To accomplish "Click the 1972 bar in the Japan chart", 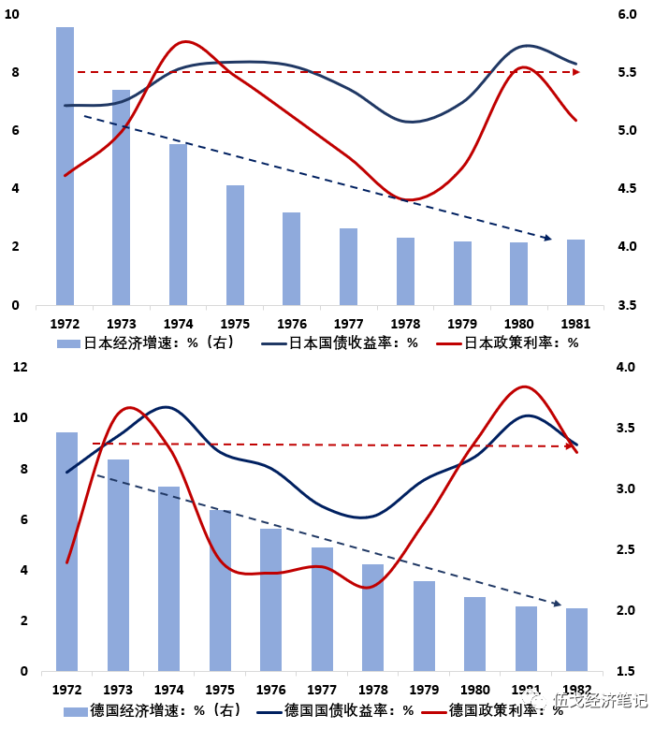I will (x=65, y=166).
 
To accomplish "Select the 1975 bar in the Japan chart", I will (x=235, y=244).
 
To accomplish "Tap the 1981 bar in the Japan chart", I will (x=575, y=271).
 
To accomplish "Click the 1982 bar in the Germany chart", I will (x=576, y=639).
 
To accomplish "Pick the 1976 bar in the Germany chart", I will (x=270, y=599).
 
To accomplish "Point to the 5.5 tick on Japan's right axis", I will (x=627, y=72).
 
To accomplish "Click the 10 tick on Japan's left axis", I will (x=14, y=14).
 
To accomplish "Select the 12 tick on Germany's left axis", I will (x=18, y=367).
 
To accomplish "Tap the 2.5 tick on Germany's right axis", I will (x=627, y=549).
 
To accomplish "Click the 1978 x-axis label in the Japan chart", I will (x=405, y=324).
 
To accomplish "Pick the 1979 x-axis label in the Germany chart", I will (x=423, y=690).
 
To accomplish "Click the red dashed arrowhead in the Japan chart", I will (x=574, y=72).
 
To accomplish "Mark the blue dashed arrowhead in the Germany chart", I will (x=557, y=604).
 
